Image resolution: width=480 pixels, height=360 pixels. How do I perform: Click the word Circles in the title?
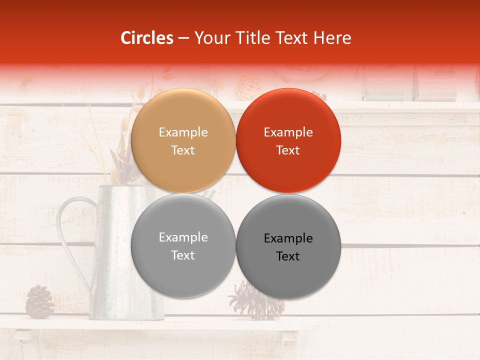click(147, 38)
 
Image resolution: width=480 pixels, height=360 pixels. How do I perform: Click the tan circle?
click(183, 140)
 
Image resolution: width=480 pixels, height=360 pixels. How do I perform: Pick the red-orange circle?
click(288, 140)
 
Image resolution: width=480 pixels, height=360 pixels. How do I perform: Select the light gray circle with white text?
click(183, 245)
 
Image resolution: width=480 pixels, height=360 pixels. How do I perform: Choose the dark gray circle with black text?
click(288, 246)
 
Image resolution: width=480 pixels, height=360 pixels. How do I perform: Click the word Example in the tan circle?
click(183, 132)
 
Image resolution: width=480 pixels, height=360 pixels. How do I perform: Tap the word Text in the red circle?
click(288, 150)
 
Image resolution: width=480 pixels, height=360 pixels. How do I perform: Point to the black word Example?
click(288, 238)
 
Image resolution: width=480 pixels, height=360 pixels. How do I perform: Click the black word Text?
click(288, 256)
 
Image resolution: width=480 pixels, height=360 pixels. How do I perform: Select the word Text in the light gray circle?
click(183, 255)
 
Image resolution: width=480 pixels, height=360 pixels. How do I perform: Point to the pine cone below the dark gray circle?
click(255, 302)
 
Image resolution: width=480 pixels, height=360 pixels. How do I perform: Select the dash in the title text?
click(183, 38)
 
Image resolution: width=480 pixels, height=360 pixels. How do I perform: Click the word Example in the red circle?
click(288, 132)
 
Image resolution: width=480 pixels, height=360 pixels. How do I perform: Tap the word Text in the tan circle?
click(183, 150)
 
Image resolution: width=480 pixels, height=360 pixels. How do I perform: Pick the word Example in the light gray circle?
click(183, 237)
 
